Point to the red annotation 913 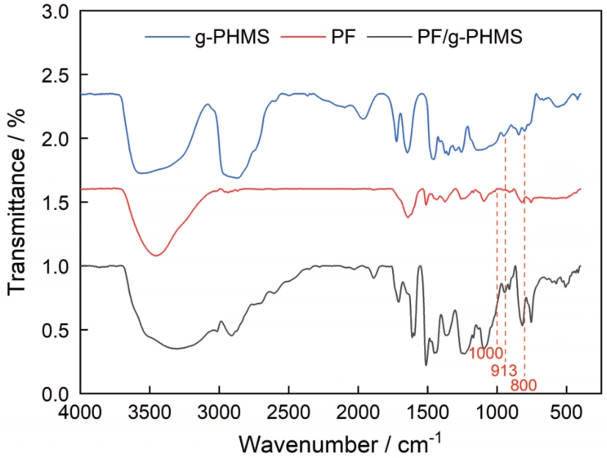(x=505, y=369)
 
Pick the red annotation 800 (x=524, y=384)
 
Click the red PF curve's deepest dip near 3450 (x=156, y=255)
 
